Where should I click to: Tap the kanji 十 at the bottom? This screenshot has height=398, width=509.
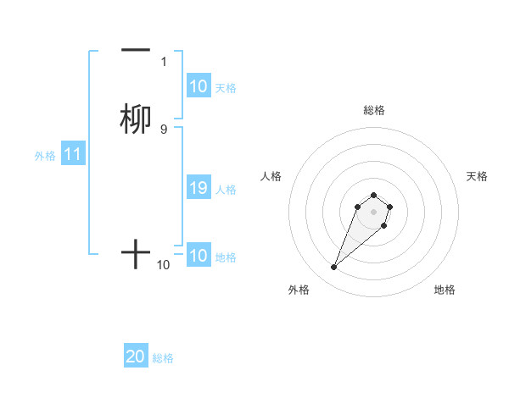[x=136, y=254]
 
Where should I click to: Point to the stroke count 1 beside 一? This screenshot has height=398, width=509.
[x=164, y=62]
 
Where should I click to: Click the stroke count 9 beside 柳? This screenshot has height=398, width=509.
[x=164, y=129]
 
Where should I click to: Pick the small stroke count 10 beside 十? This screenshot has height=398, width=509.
[x=164, y=265]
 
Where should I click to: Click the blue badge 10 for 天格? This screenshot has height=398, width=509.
[x=198, y=86]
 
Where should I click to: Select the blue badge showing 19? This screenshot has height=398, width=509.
[x=198, y=189]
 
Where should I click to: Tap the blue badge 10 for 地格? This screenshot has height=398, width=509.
[x=198, y=256]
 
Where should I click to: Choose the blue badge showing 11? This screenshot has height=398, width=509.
[x=73, y=155]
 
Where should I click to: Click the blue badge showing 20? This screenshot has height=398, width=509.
[x=136, y=357]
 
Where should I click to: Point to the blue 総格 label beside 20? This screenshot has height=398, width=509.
[x=163, y=358]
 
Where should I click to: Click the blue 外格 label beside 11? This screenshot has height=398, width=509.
[x=45, y=156]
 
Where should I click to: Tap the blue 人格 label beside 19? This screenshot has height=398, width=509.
[x=227, y=190]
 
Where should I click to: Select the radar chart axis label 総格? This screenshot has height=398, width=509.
[x=374, y=110]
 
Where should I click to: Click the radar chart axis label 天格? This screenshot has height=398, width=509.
[x=477, y=176]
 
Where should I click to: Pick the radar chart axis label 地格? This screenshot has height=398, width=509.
[x=445, y=290]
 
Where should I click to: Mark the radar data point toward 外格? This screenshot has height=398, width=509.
[x=334, y=268]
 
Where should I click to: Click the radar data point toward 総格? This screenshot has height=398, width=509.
[x=374, y=193]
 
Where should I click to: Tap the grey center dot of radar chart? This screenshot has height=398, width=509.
[x=374, y=211]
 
